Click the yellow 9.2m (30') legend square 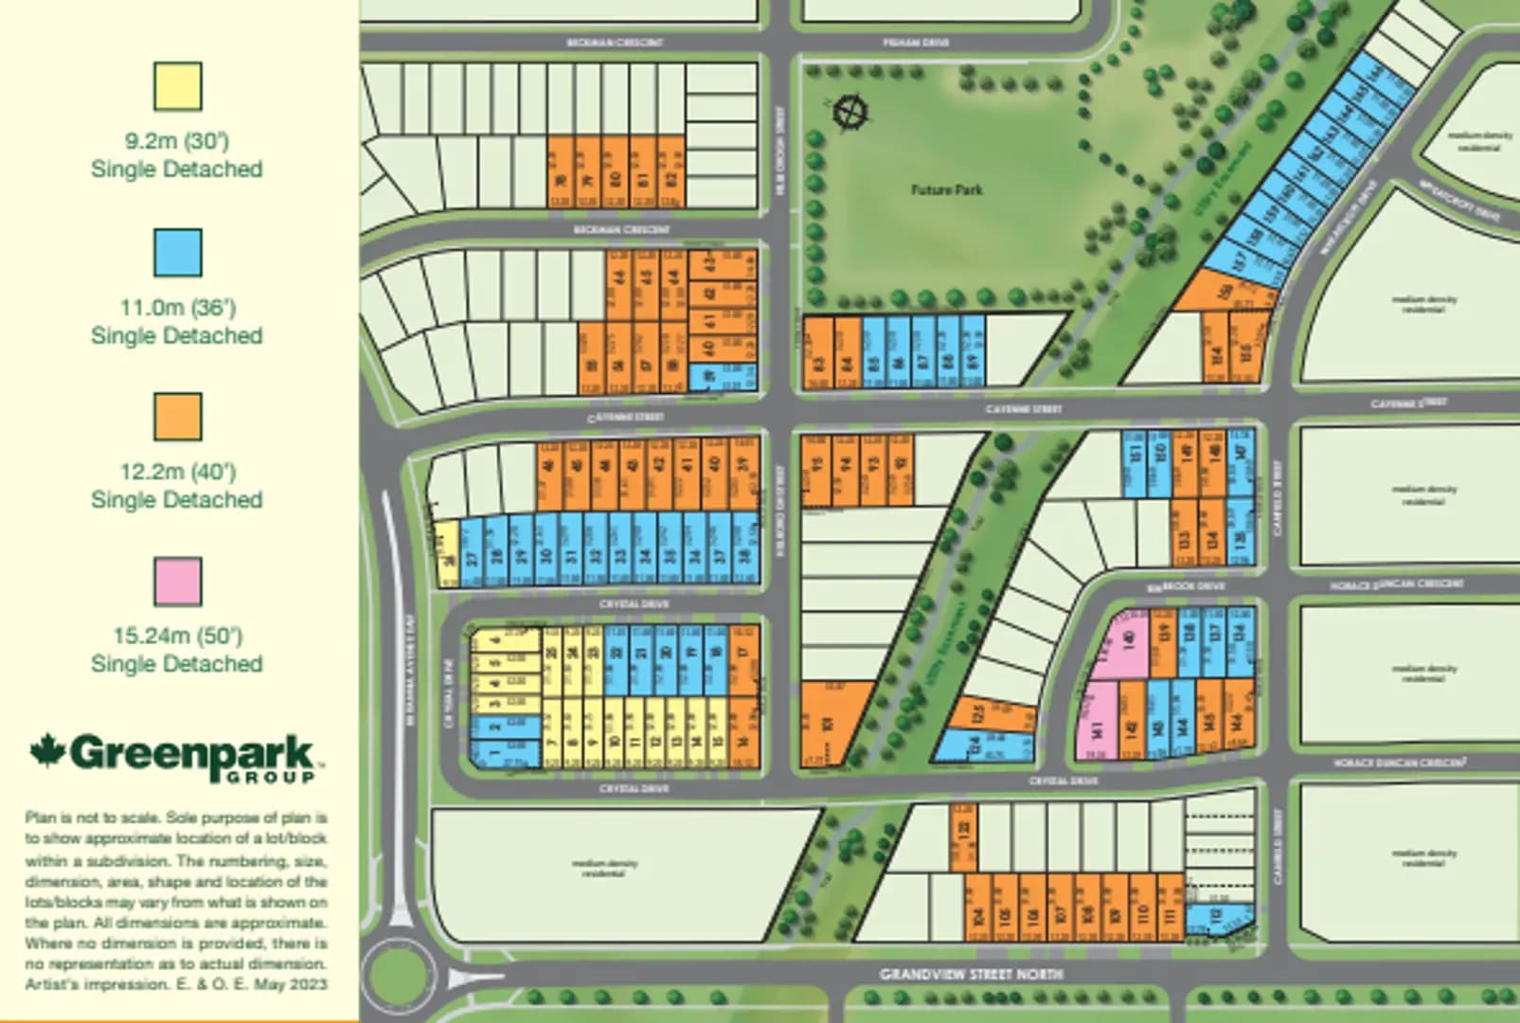[178, 86]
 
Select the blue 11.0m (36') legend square [178, 253]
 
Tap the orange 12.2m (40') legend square [178, 417]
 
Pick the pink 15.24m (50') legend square [178, 582]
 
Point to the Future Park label [946, 189]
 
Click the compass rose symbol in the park [849, 113]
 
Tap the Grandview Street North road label [971, 974]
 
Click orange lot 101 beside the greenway [830, 724]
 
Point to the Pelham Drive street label [915, 43]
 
